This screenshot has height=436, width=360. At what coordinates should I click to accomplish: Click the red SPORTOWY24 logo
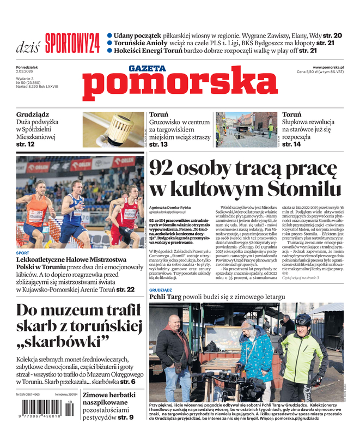point(72,42)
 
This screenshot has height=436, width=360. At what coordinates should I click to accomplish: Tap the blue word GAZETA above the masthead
point(147,69)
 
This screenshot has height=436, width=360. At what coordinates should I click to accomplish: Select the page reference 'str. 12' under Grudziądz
point(26,144)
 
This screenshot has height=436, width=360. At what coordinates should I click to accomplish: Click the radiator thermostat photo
point(113,130)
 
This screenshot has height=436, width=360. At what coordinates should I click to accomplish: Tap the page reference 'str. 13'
point(158,145)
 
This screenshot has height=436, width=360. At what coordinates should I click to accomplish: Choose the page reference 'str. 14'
point(291,144)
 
